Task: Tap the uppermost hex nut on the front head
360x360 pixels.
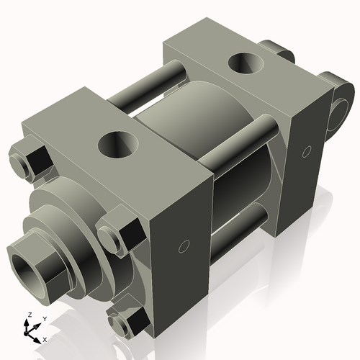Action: [x=30, y=163]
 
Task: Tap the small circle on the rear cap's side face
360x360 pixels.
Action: [x=306, y=151]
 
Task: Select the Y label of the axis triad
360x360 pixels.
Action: [x=44, y=318]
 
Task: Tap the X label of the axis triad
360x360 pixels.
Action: [x=45, y=338]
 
